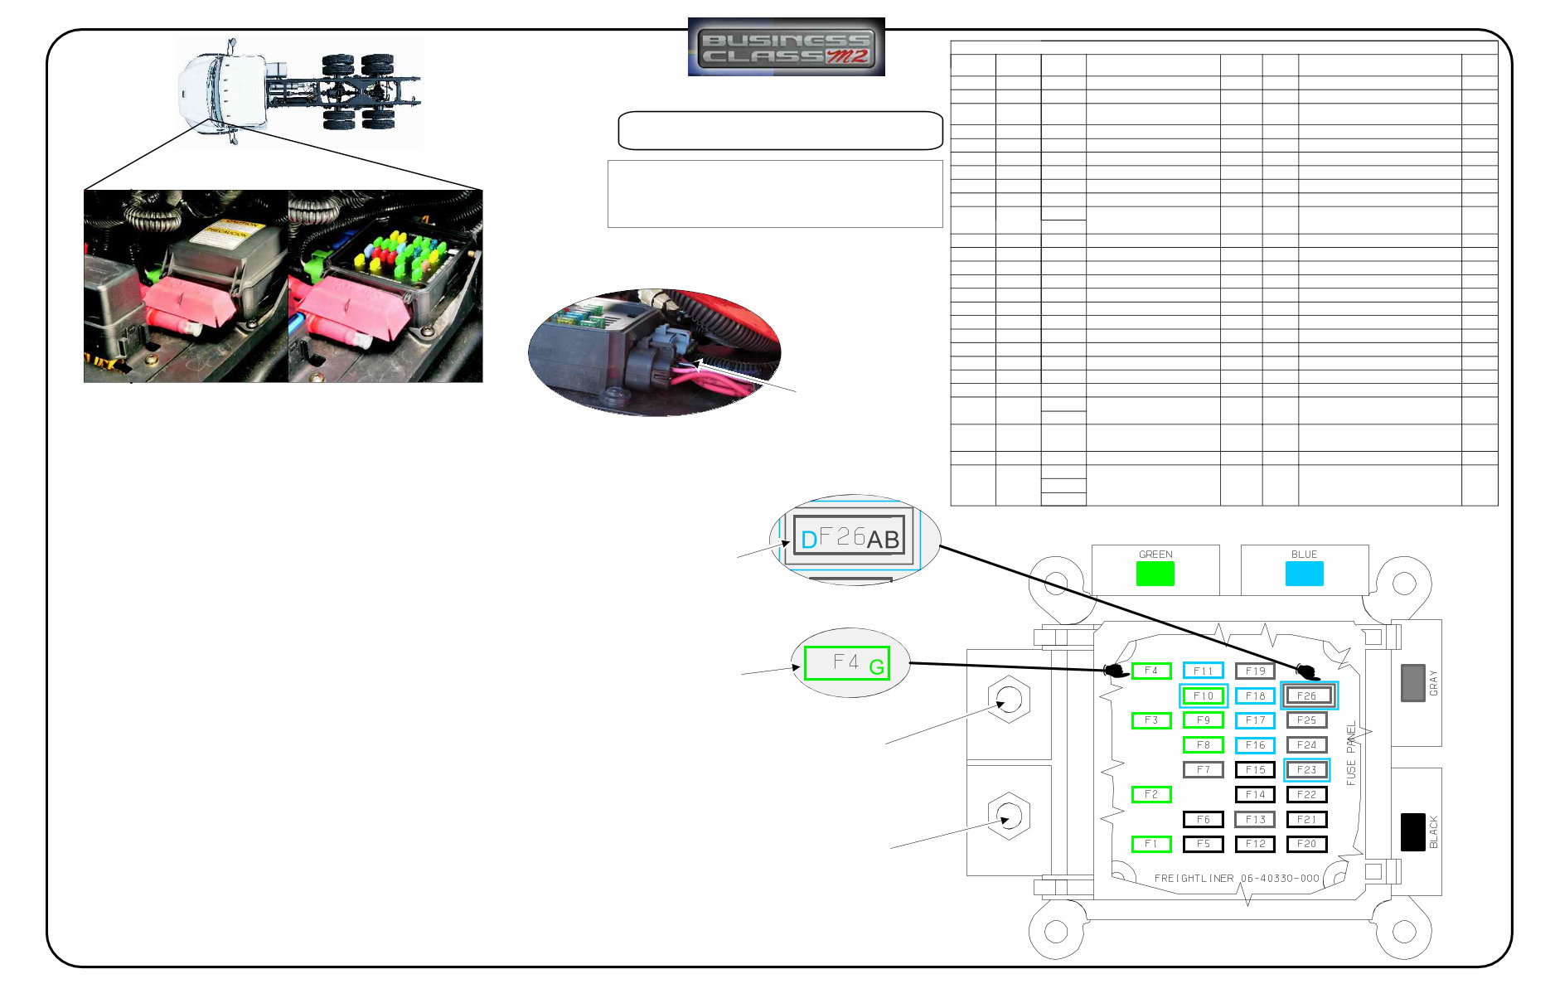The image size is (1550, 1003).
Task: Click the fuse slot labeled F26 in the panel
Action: click(x=1308, y=695)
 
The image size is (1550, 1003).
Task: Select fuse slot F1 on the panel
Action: click(x=1151, y=844)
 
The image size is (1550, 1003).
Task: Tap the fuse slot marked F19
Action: click(x=1255, y=671)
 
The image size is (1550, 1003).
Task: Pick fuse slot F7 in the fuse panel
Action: click(x=1203, y=769)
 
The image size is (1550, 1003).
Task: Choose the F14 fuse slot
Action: click(x=1255, y=794)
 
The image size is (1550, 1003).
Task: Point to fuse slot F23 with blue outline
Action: click(x=1306, y=769)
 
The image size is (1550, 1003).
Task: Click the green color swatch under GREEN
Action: click(x=1155, y=574)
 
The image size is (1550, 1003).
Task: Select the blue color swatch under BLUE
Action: click(x=1304, y=574)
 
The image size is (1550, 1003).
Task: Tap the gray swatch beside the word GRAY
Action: click(x=1412, y=682)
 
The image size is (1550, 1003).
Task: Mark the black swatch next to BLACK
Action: click(x=1412, y=831)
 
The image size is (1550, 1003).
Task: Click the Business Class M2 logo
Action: click(x=786, y=47)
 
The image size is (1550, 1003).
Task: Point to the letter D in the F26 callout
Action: click(x=808, y=540)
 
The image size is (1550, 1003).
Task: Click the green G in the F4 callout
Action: click(x=876, y=666)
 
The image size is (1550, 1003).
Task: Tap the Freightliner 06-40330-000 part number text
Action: click(x=1236, y=878)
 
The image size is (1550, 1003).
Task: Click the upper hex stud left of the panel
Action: click(x=1009, y=700)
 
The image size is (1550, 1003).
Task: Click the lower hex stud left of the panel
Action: click(x=1009, y=816)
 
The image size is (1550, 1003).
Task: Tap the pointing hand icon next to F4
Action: click(x=1116, y=671)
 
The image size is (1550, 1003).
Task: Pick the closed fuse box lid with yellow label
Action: click(x=224, y=249)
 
